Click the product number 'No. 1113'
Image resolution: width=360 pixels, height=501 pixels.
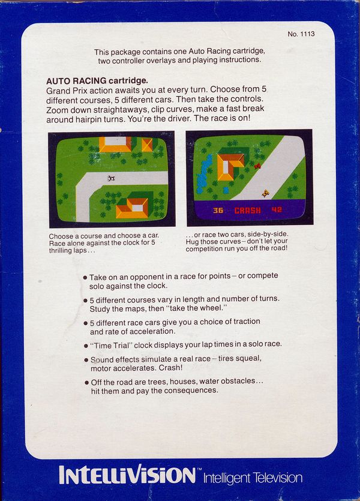click(x=301, y=34)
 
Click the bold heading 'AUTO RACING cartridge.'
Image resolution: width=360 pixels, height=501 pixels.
click(x=97, y=81)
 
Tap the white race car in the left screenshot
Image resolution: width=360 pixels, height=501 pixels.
click(x=111, y=178)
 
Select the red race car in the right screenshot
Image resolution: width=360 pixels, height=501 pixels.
click(x=257, y=166)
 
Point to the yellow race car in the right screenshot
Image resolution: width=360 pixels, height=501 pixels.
click(x=266, y=193)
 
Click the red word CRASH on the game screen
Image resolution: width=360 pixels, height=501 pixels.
click(x=248, y=210)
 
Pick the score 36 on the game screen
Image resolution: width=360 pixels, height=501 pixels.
click(x=218, y=210)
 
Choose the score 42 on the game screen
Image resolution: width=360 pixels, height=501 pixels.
click(x=277, y=209)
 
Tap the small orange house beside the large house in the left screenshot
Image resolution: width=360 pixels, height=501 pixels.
click(x=147, y=145)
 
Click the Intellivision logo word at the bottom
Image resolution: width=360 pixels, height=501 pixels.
click(x=127, y=475)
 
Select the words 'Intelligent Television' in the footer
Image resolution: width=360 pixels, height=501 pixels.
click(x=253, y=478)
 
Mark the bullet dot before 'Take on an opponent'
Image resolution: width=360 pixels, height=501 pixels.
click(x=85, y=277)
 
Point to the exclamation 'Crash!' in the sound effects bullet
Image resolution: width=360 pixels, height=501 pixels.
click(x=170, y=368)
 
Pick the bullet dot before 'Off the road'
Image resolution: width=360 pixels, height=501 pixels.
click(x=86, y=382)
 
